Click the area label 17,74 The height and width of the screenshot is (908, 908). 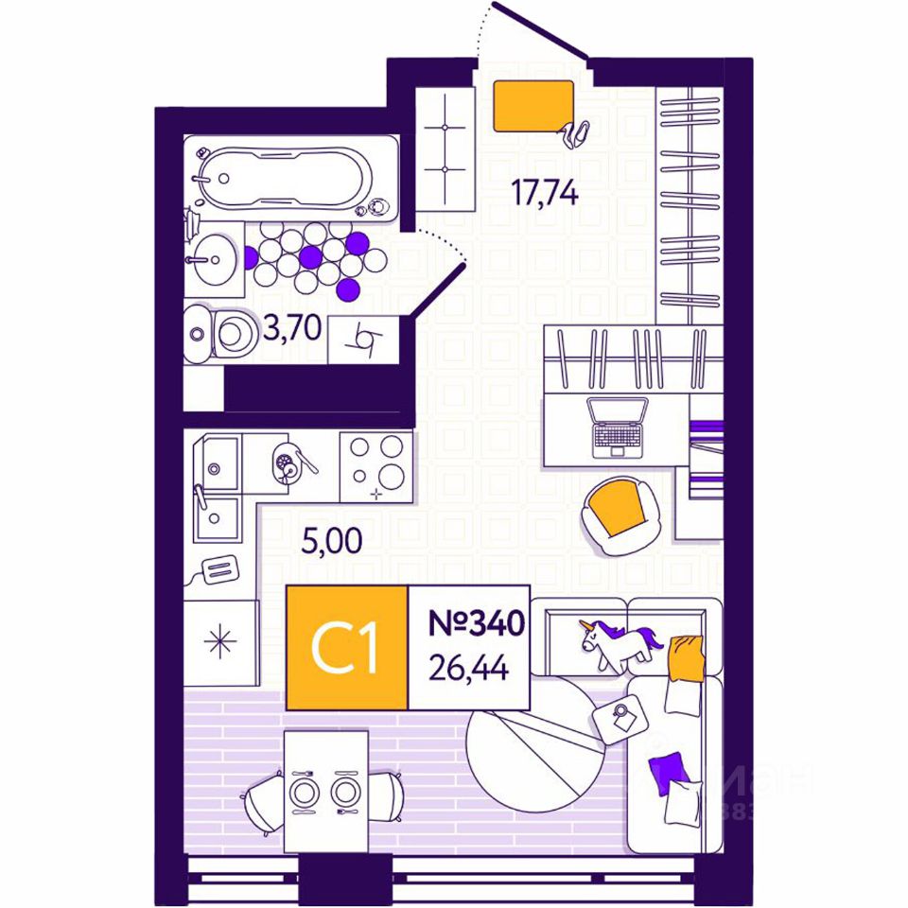click(544, 192)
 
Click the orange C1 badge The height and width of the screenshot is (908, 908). click(346, 647)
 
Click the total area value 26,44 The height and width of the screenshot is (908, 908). click(469, 669)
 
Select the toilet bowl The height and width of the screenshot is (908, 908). click(227, 333)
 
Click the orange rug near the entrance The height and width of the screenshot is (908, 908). click(533, 104)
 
